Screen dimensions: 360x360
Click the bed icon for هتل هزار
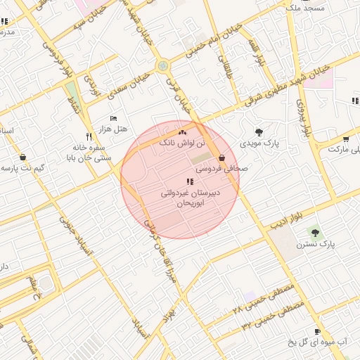pyautogui.click(x=113, y=119)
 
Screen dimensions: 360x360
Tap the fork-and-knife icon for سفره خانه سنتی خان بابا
pyautogui.click(x=89, y=136)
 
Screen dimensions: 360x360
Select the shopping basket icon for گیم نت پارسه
pyautogui.click(x=24, y=157)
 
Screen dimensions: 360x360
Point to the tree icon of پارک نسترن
pyautogui.click(x=314, y=232)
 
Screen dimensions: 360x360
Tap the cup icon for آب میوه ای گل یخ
pyautogui.click(x=317, y=331)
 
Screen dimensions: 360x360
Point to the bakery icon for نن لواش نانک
pyautogui.click(x=182, y=131)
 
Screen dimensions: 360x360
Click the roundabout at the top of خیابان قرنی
pyautogui.click(x=164, y=66)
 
